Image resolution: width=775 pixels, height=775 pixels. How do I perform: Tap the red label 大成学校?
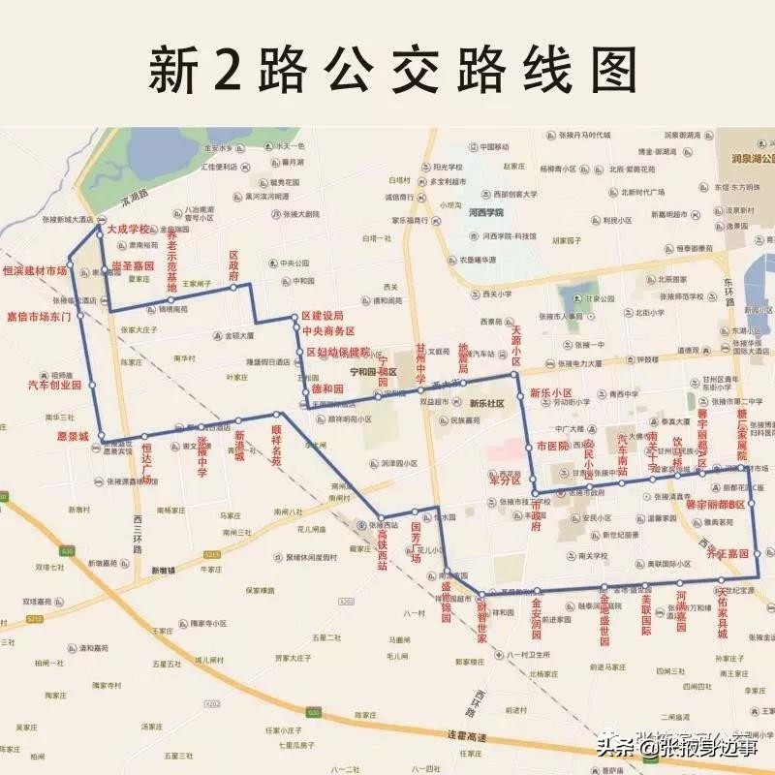[130, 230]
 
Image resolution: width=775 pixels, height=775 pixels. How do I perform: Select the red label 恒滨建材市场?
[35, 270]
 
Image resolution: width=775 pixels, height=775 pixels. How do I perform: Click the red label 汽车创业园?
[51, 385]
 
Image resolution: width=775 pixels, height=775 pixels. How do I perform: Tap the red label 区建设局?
[322, 316]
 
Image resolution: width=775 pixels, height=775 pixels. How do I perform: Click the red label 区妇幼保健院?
[338, 351]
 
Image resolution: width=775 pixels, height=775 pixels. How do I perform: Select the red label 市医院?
[553, 447]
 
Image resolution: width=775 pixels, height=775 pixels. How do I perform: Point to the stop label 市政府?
[548, 505]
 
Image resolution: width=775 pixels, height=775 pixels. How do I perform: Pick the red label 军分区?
[505, 480]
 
